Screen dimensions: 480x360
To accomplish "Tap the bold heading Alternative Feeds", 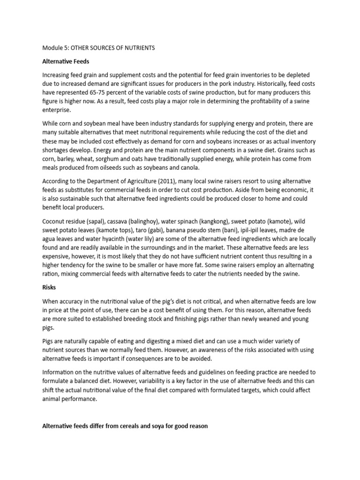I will click(66, 61).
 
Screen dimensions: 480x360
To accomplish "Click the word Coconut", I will click(55, 220).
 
